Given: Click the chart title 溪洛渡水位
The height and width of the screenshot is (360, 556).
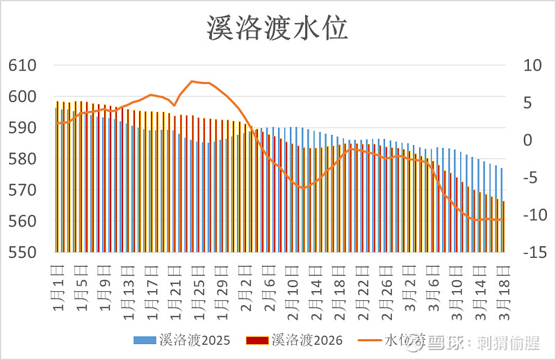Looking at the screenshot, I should [277, 28].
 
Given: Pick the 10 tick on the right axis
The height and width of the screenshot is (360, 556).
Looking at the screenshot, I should [522, 66].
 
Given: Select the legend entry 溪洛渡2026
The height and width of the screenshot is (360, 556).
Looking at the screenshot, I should [306, 341].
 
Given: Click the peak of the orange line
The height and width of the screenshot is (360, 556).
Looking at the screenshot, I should [193, 81].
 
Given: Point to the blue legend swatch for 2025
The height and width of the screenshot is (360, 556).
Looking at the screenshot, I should [144, 341].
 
